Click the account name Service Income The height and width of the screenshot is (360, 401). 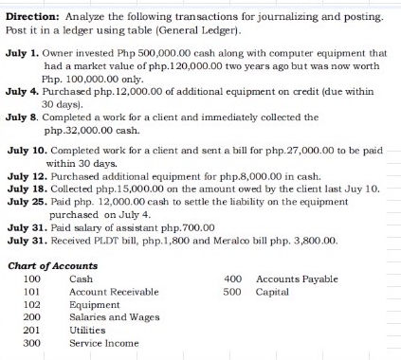coord(102,342)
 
